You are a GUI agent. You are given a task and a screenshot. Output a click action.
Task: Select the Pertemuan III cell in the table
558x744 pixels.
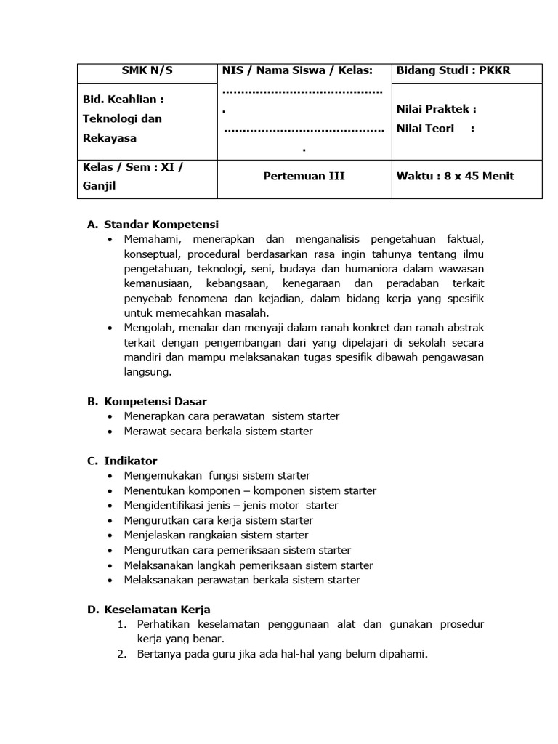tap(304, 176)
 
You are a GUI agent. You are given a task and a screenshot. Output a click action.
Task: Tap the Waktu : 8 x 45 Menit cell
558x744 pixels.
tap(455, 176)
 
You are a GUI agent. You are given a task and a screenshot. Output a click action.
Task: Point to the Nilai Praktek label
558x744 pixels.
tap(436, 109)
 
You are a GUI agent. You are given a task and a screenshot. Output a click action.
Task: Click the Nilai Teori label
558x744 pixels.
tap(426, 128)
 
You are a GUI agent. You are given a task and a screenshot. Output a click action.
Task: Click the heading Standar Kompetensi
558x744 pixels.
tap(161, 225)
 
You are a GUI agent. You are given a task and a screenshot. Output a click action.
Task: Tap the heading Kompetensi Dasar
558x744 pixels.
tap(155, 401)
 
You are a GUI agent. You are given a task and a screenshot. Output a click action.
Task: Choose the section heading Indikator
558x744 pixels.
tap(130, 461)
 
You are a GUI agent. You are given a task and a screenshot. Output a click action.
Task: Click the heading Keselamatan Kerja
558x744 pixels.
tap(157, 610)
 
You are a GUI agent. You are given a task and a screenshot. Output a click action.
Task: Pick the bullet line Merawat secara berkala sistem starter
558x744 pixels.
tap(218, 431)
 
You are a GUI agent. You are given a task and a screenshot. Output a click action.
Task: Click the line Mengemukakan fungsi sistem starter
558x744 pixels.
tap(217, 476)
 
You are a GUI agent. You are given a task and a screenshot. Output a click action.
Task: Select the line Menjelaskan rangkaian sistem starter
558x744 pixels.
tap(216, 535)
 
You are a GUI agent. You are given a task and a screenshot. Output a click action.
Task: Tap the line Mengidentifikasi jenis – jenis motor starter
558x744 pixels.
tap(231, 506)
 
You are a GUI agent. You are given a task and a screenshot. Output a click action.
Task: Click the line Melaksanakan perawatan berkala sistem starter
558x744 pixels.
tap(242, 580)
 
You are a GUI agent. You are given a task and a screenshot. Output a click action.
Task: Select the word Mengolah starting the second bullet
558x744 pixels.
tap(147, 328)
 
